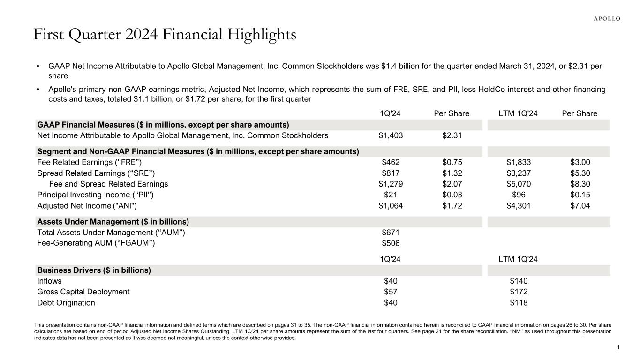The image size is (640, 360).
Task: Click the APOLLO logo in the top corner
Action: point(607,19)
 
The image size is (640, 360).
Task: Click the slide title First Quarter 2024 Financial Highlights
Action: point(165,35)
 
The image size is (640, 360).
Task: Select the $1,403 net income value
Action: point(391,136)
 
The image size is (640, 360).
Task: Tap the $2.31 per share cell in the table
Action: point(452,136)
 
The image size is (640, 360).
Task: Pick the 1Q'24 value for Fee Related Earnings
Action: point(391,163)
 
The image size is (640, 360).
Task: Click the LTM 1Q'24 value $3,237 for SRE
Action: point(519,173)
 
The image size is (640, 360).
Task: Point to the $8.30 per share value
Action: point(580,184)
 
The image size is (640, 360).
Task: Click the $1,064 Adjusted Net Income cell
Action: point(391,205)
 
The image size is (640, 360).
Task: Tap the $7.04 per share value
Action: point(580,205)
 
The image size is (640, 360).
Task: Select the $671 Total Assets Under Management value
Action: point(391,232)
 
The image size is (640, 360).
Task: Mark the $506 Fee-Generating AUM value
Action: point(391,243)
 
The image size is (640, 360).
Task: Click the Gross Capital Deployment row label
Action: point(83,292)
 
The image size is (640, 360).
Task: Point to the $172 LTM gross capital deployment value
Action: point(519,292)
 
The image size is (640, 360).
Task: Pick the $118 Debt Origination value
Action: point(519,303)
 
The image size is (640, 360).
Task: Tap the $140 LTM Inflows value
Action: point(519,281)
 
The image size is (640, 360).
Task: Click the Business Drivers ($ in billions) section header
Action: point(94,270)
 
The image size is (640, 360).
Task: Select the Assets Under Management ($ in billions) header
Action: point(113,222)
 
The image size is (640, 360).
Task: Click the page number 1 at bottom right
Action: point(618,347)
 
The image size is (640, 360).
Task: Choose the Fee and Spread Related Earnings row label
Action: point(108,184)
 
